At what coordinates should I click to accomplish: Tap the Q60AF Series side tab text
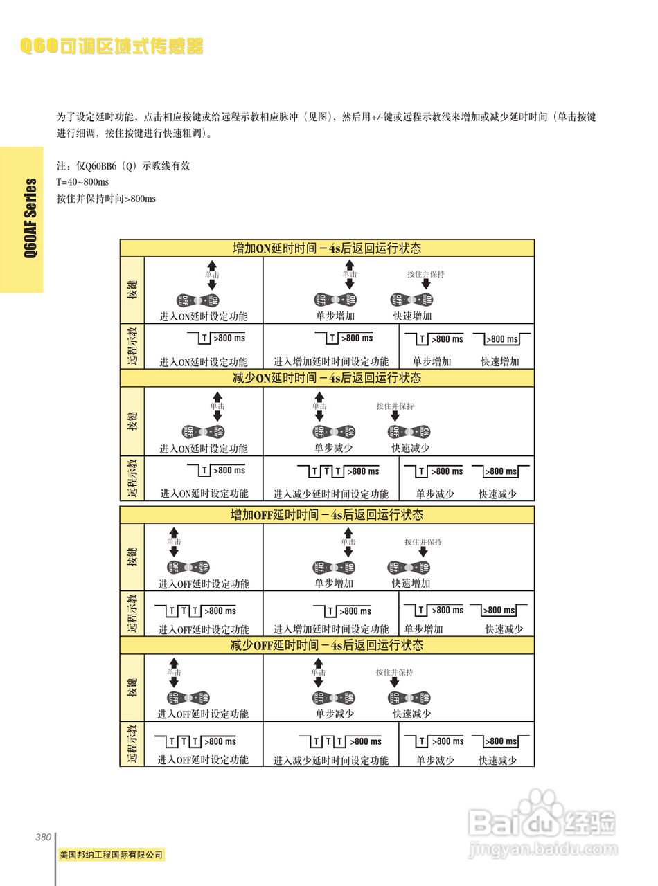(30, 218)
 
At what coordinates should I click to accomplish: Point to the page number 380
(43, 837)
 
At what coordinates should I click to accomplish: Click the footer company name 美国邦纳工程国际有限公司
(112, 855)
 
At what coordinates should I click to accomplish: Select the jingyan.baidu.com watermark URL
(542, 847)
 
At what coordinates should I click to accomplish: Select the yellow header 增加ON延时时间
(326, 248)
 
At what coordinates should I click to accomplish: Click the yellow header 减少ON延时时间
(326, 378)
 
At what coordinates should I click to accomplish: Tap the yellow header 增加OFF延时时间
(326, 515)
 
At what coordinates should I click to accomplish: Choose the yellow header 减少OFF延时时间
(326, 645)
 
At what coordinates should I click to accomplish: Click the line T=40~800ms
(82, 182)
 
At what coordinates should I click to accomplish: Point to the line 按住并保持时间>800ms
(106, 199)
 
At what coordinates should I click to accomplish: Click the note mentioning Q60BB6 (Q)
(123, 166)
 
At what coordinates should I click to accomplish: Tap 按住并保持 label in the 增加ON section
(425, 274)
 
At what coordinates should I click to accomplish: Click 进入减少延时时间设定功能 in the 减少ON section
(330, 494)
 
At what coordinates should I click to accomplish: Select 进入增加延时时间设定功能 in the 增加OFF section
(330, 629)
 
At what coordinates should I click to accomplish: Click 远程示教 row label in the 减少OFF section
(132, 745)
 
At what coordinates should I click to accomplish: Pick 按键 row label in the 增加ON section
(132, 290)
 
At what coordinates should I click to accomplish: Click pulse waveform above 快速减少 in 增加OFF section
(499, 611)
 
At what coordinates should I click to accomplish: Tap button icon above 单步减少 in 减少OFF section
(335, 698)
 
